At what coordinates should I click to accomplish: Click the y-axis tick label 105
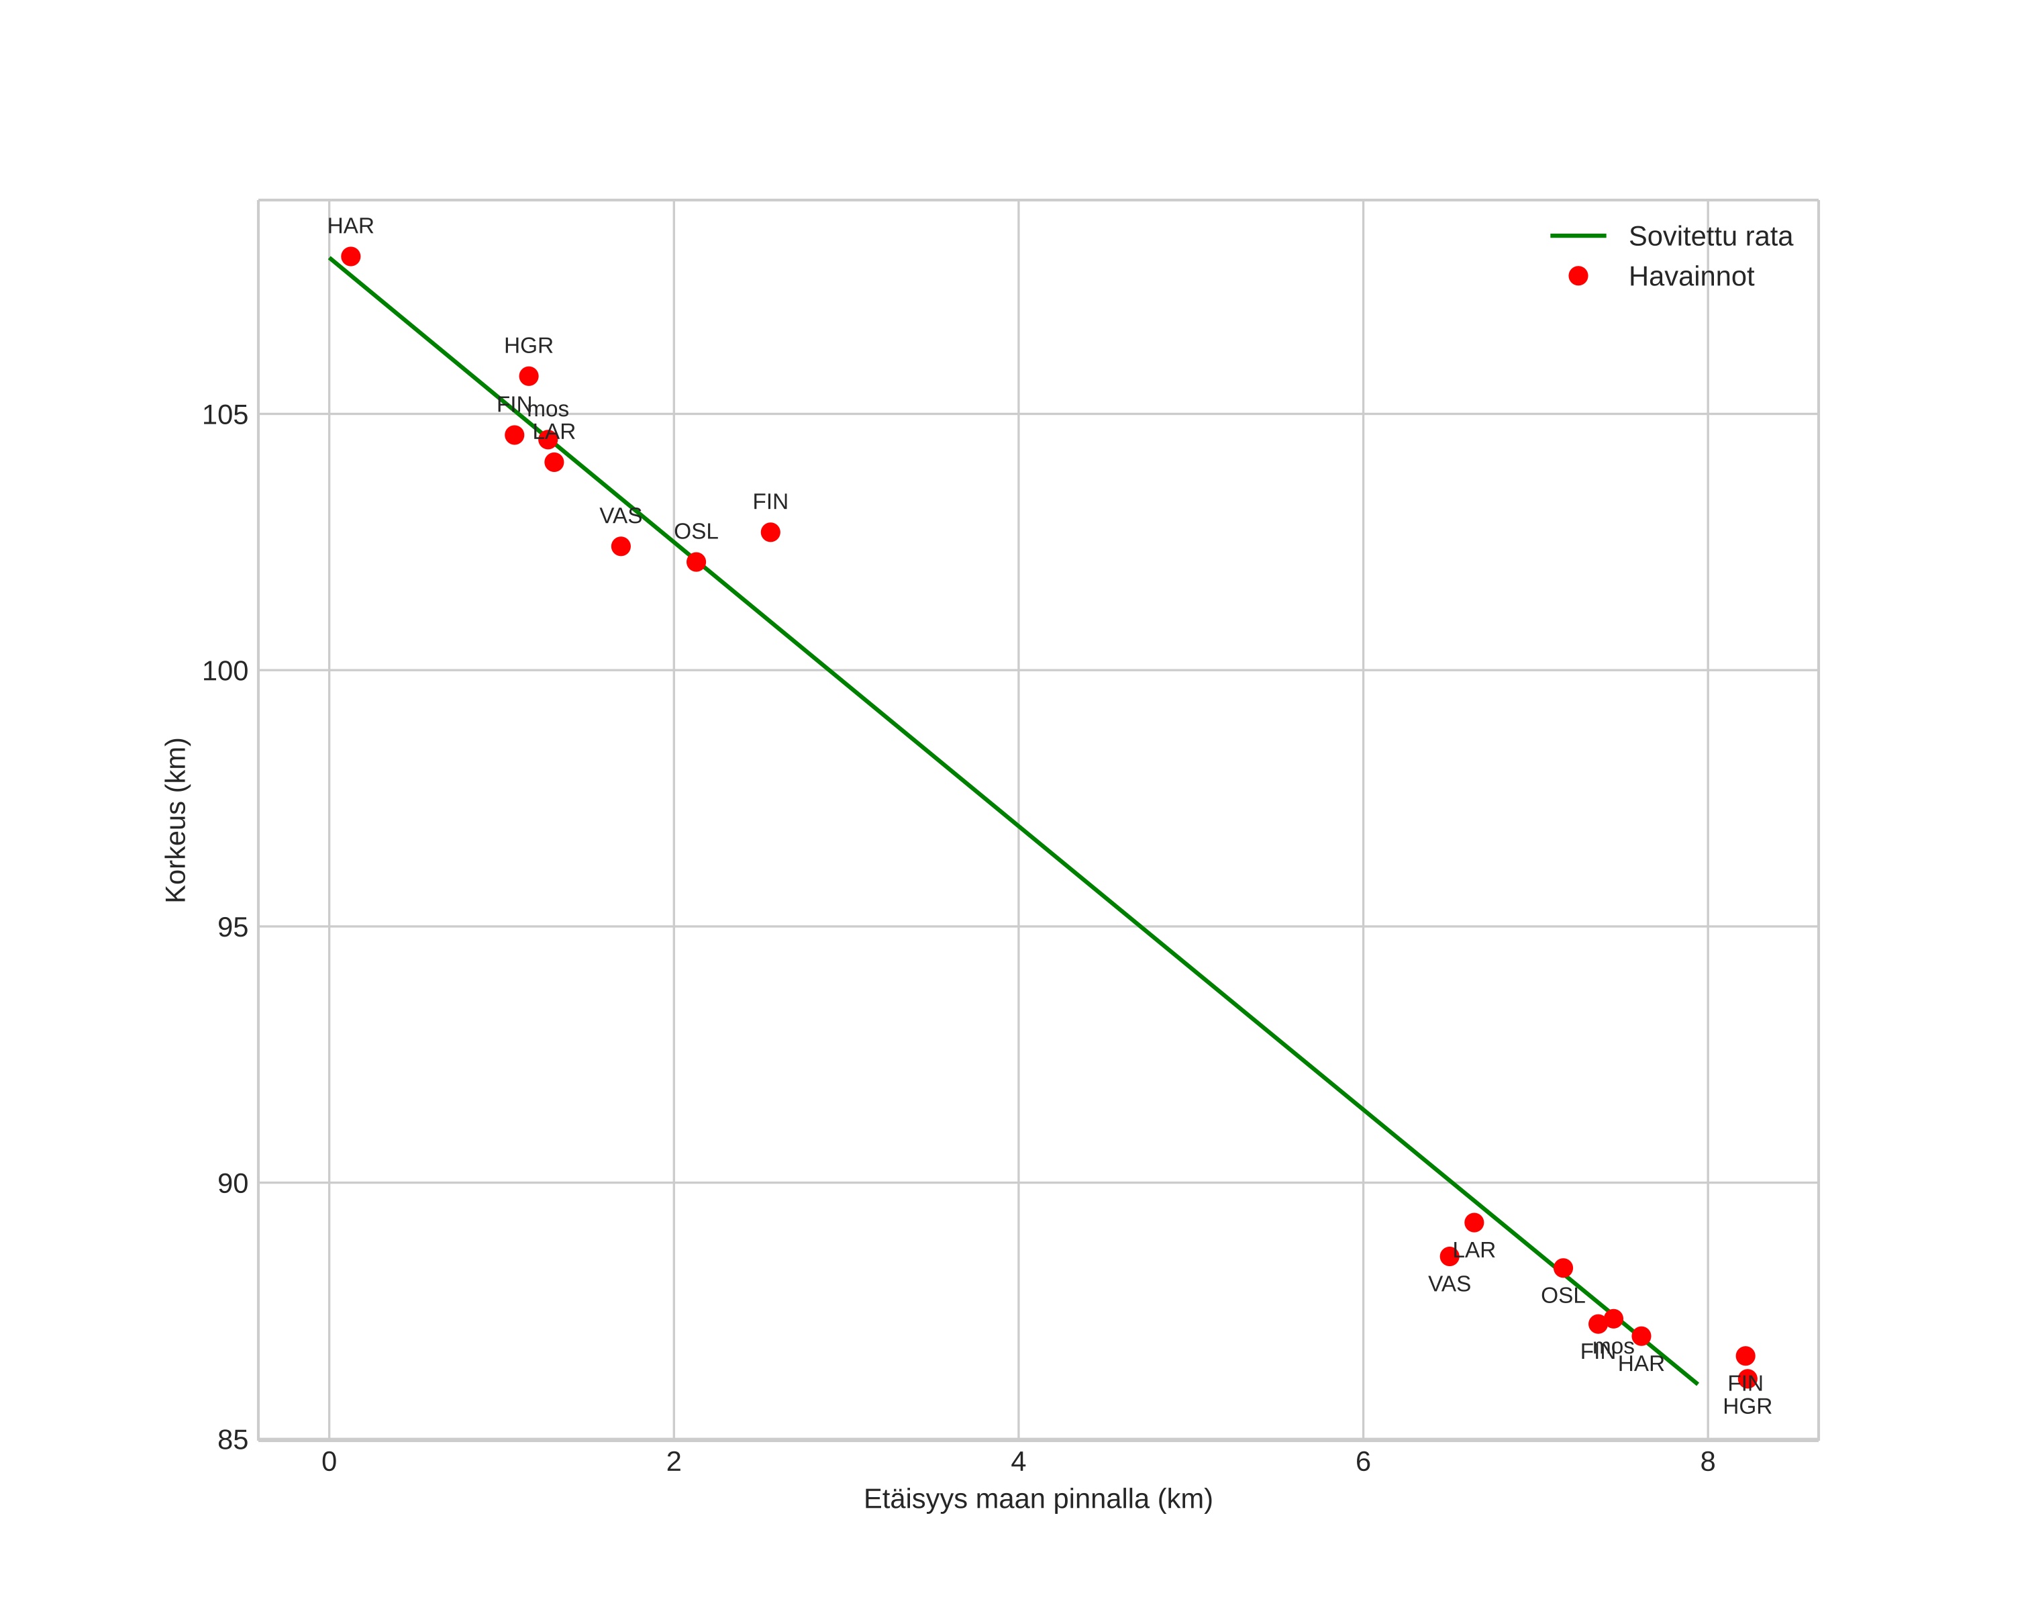click(x=225, y=414)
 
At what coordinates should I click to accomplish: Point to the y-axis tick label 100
click(x=225, y=671)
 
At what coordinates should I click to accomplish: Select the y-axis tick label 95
click(x=232, y=928)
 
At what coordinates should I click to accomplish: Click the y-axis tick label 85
click(x=232, y=1440)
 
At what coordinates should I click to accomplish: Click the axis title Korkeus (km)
click(x=176, y=820)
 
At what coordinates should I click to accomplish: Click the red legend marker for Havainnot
click(x=1578, y=277)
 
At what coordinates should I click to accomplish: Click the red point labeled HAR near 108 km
click(x=350, y=256)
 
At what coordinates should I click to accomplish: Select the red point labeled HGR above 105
click(x=529, y=376)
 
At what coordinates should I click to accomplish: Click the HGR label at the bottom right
click(x=1746, y=1407)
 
